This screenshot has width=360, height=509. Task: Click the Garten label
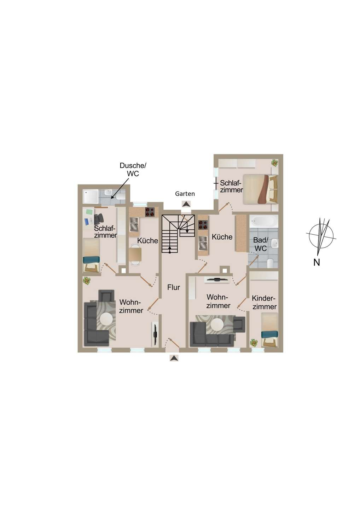[x=185, y=194]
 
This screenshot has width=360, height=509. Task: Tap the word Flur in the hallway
[x=174, y=287]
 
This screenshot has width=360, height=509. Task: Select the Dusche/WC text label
[x=133, y=169]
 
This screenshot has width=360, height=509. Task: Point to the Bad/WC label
[x=261, y=244]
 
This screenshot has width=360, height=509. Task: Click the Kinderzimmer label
[x=264, y=303]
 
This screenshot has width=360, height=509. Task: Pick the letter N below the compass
[x=317, y=262]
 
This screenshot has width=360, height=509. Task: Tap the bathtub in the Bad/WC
[x=263, y=221]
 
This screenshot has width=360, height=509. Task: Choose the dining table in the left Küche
[x=135, y=254]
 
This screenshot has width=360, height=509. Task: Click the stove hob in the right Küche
[x=203, y=225]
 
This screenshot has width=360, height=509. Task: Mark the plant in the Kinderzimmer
[x=254, y=343]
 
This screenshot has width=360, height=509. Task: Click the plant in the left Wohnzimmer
[x=87, y=281]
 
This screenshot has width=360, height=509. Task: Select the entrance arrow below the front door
[x=174, y=358]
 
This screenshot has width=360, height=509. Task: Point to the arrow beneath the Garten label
[x=185, y=204]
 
